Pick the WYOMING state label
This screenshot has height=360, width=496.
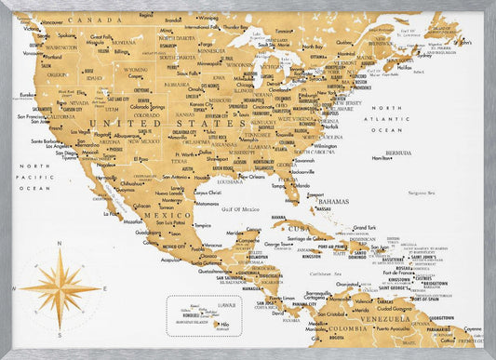tap(134, 69)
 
